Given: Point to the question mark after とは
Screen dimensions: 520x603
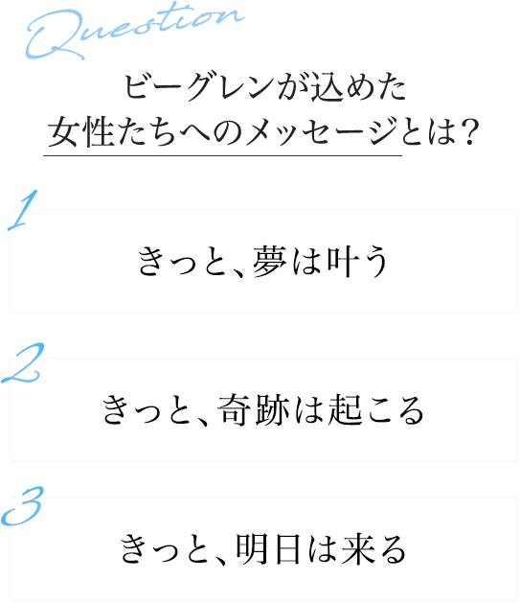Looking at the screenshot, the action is tap(470, 131).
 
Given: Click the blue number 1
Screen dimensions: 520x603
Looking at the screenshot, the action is tap(24, 210).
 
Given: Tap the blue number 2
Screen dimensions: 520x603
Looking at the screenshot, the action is tap(23, 362).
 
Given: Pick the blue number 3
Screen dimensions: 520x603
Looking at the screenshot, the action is tap(22, 506).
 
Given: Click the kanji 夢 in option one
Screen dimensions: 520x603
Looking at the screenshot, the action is tap(269, 262).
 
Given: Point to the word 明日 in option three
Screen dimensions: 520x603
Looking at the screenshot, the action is tap(268, 549).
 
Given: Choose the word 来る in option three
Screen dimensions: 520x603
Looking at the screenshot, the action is tap(373, 549).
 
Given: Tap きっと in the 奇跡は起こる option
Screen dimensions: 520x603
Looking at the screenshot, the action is tap(147, 410).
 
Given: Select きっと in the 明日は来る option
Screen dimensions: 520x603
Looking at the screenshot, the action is tap(165, 549).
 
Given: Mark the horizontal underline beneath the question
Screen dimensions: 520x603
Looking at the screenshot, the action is tap(222, 155).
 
